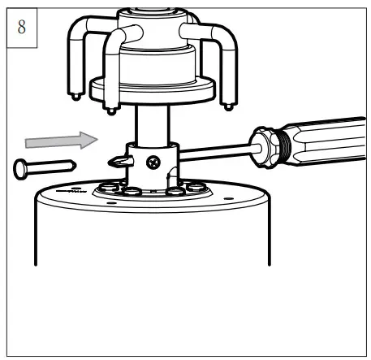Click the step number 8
(22, 27)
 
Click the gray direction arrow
(61, 141)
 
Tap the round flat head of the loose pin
(19, 169)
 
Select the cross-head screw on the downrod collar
(153, 163)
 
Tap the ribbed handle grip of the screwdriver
(328, 141)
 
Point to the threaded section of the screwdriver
(284, 145)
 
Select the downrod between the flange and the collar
(153, 125)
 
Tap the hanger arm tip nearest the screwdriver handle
(229, 107)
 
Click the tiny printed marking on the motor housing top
(71, 191)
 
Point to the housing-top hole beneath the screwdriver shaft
(229, 198)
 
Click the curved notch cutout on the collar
(172, 176)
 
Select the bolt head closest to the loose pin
(108, 187)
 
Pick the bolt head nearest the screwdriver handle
(196, 187)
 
